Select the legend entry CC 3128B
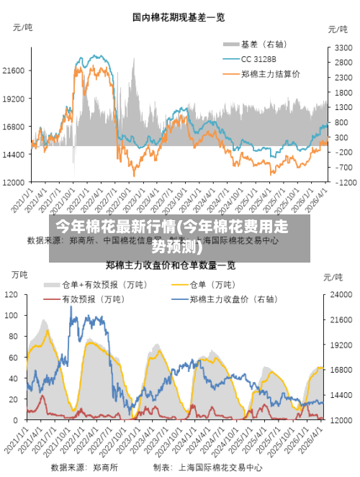tap(258, 58)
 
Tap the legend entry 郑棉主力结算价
tap(271, 73)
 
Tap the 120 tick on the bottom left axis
tap(12, 294)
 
